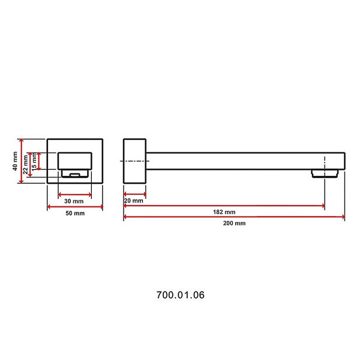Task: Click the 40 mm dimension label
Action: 15,161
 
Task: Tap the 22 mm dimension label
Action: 25,164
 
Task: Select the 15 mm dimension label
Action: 34,162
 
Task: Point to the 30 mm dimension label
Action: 74,201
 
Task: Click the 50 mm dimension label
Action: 75,213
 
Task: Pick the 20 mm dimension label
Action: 134,200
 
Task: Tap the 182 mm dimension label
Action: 224,212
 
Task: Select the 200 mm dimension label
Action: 234,223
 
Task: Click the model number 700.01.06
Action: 181,295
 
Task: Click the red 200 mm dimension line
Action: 234,217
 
